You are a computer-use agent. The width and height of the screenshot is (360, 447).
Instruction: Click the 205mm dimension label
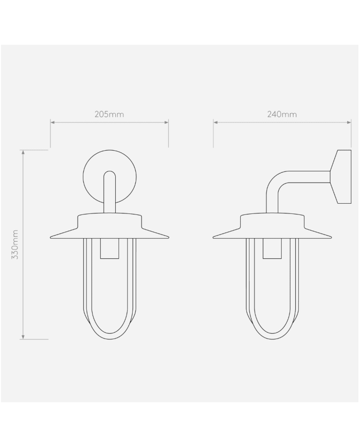click(x=109, y=114)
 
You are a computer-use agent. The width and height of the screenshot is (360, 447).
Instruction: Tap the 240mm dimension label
click(x=282, y=114)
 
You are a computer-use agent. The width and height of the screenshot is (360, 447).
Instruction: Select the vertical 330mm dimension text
click(x=15, y=244)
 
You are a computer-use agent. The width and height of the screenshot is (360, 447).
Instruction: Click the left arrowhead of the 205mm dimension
click(x=52, y=122)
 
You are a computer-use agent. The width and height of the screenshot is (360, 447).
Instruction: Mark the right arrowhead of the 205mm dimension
click(x=167, y=122)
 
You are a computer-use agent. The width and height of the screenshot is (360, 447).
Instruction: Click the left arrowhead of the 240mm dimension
click(x=215, y=122)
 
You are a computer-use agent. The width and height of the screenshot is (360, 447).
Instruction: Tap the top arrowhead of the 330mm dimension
click(x=23, y=152)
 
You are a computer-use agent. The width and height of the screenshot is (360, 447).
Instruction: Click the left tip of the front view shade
click(x=51, y=237)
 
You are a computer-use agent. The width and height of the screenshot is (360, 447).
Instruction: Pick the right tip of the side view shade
click(x=330, y=237)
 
